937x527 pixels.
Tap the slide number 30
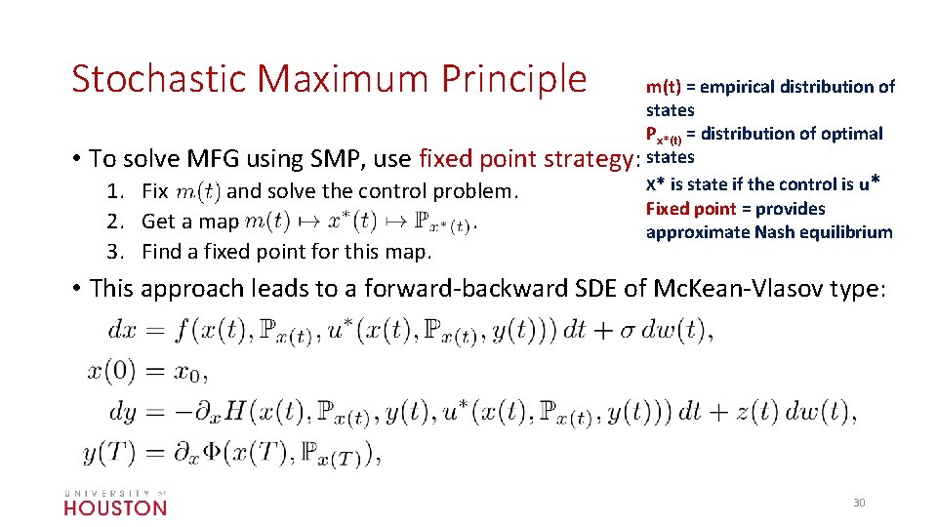pyautogui.click(x=859, y=503)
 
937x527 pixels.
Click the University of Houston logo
pyautogui.click(x=115, y=503)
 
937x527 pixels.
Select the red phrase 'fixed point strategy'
pyautogui.click(x=525, y=158)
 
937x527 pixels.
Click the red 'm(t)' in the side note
pyautogui.click(x=663, y=87)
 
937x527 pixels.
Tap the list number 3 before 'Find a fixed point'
pyautogui.click(x=114, y=253)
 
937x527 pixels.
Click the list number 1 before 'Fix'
pyautogui.click(x=114, y=191)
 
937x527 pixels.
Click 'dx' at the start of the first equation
pyautogui.click(x=123, y=330)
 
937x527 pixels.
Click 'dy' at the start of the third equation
pyautogui.click(x=123, y=412)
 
